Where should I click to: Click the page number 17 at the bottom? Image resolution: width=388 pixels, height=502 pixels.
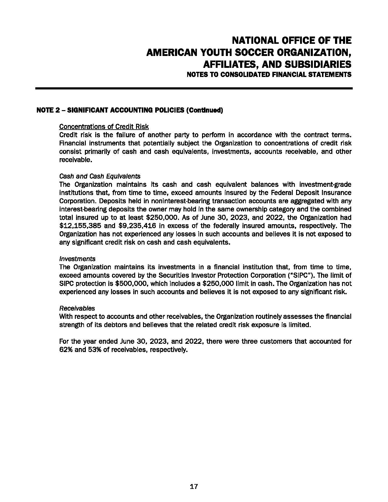pos(194,486)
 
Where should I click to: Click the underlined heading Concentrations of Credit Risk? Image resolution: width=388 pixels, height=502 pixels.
pos(104,126)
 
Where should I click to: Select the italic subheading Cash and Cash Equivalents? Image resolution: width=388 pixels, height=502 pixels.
pos(100,176)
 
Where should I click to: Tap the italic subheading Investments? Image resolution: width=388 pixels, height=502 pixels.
pos(77,259)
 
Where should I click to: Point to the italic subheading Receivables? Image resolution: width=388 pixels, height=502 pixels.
pos(77,308)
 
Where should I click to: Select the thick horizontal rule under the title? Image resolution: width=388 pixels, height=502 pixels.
pos(194,88)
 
